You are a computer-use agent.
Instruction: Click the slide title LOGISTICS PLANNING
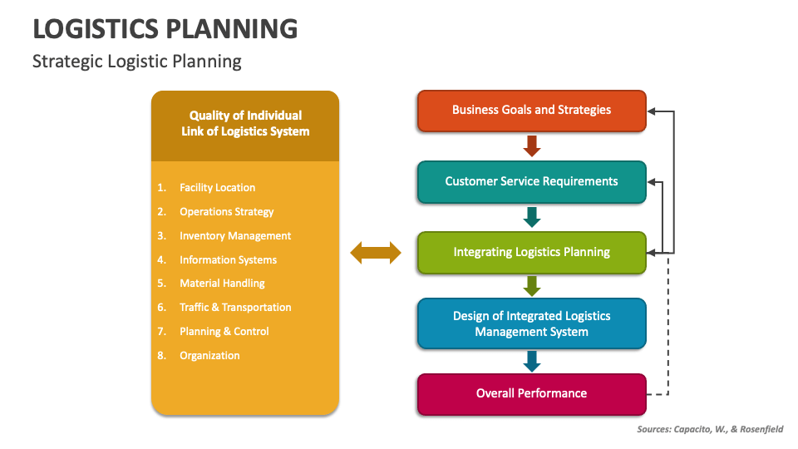[x=165, y=28]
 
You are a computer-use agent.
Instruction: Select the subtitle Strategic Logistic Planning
[x=137, y=62]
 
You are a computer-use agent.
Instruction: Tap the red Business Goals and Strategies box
[x=531, y=111]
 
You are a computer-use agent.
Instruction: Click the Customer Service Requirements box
[x=531, y=181]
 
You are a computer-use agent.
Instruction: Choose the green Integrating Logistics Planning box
[x=531, y=252]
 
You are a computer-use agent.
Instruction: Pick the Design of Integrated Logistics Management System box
[x=531, y=323]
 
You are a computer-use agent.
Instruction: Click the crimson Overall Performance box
[x=531, y=393]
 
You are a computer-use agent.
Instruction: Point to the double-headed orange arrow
[x=376, y=253]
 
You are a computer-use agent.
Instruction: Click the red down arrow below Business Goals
[x=532, y=146]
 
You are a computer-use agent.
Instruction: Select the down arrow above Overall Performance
[x=532, y=360]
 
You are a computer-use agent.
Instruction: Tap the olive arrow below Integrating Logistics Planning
[x=532, y=286]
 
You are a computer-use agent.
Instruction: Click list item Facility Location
[x=217, y=188]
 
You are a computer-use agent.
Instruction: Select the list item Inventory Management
[x=235, y=236]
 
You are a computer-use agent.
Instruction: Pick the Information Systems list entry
[x=228, y=260]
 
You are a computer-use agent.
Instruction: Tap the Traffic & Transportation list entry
[x=235, y=308]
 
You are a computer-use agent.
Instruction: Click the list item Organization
[x=209, y=356]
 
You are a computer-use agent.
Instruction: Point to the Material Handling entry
[x=222, y=284]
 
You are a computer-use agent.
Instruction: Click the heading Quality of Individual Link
[x=245, y=124]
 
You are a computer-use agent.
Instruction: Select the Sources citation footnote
[x=709, y=430]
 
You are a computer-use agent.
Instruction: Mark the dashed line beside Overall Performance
[x=667, y=333]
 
